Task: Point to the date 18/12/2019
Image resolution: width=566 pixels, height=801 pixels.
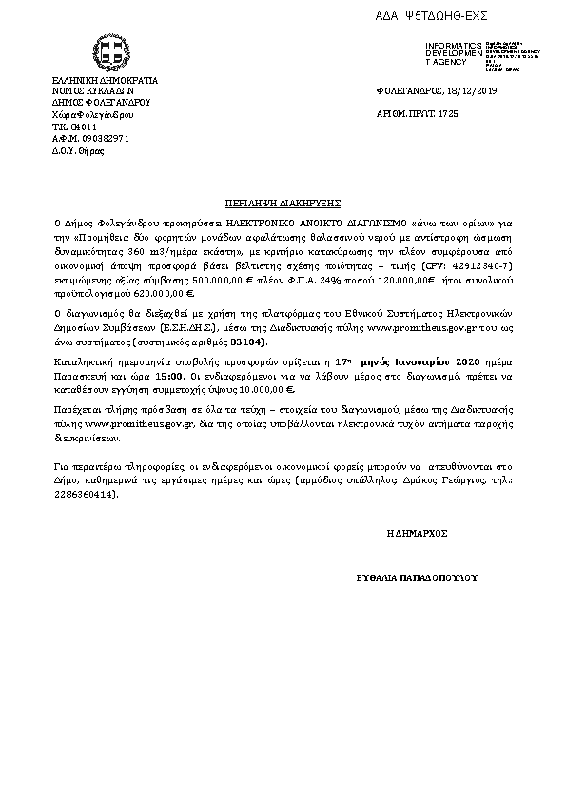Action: [470, 90]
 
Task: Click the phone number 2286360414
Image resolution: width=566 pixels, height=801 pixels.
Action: [87, 495]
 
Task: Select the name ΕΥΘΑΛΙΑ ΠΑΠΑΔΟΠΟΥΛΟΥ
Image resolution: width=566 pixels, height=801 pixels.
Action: [416, 577]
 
